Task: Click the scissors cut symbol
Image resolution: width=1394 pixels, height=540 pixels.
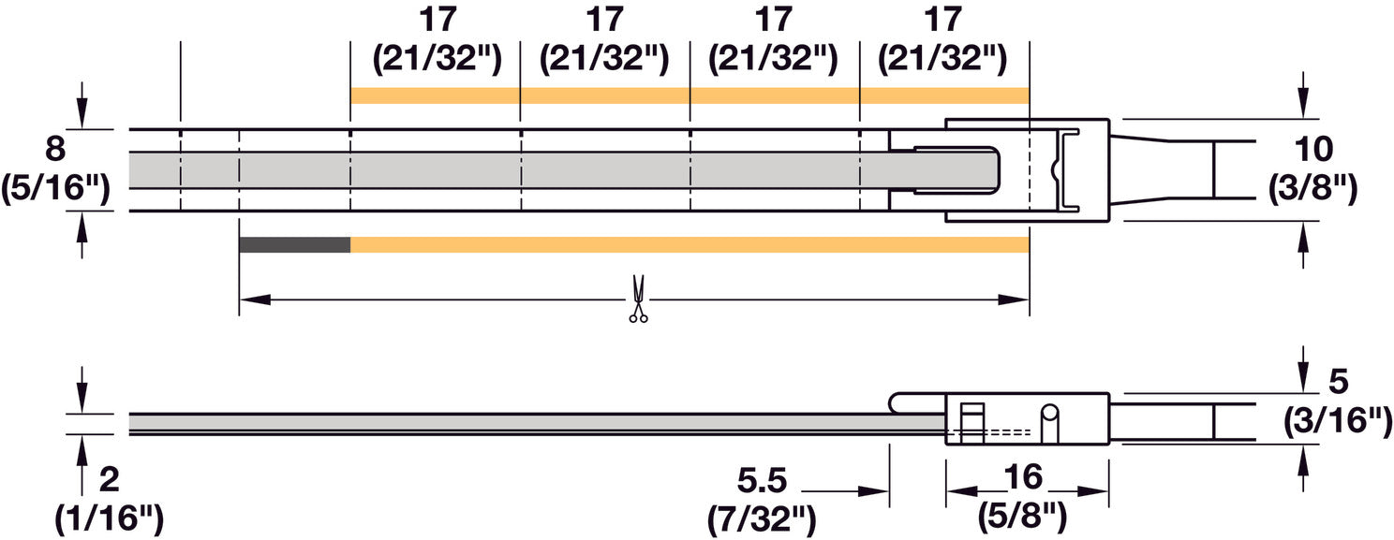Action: click(638, 299)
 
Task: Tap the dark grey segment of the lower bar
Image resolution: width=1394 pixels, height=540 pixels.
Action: click(295, 245)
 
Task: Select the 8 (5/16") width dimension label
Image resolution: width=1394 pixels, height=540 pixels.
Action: click(55, 168)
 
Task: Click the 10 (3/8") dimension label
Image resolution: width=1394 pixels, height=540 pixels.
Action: click(1313, 168)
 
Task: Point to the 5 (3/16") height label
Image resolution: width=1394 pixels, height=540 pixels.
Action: click(1338, 401)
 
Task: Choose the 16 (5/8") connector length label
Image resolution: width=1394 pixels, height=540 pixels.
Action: click(1023, 497)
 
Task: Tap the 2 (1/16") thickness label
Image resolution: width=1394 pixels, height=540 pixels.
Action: click(109, 501)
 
